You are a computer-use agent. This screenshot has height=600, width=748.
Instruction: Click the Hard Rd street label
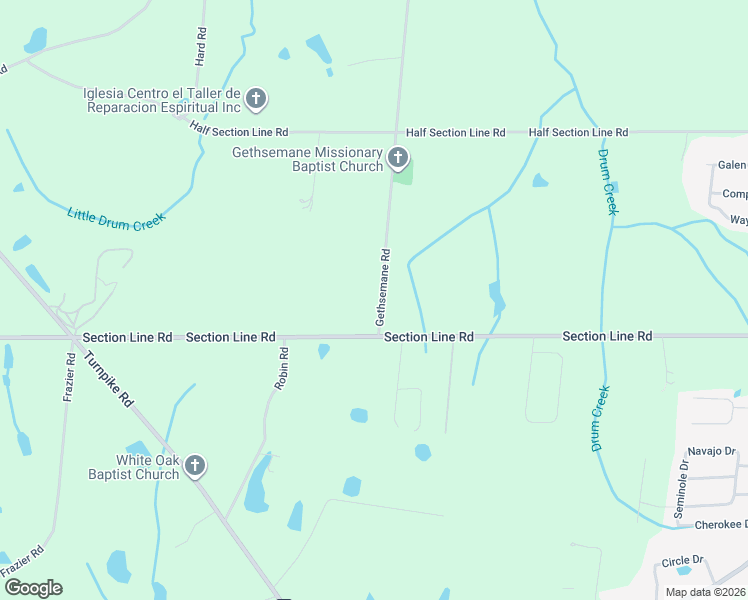(x=201, y=47)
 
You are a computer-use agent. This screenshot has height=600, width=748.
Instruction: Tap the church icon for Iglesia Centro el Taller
(x=256, y=99)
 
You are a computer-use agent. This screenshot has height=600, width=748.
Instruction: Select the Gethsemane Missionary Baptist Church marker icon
(x=398, y=158)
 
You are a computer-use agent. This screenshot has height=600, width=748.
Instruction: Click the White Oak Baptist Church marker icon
(x=195, y=465)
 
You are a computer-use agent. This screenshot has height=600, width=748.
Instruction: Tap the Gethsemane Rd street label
(x=381, y=287)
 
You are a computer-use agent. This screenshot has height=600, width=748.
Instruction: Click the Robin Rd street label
(x=283, y=367)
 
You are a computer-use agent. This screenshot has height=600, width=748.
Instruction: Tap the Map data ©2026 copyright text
(x=704, y=592)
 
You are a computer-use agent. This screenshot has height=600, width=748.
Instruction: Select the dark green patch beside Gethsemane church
(x=403, y=175)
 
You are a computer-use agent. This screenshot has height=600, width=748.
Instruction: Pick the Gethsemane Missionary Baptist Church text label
(x=307, y=159)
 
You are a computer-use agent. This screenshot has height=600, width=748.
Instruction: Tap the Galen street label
(x=732, y=165)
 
